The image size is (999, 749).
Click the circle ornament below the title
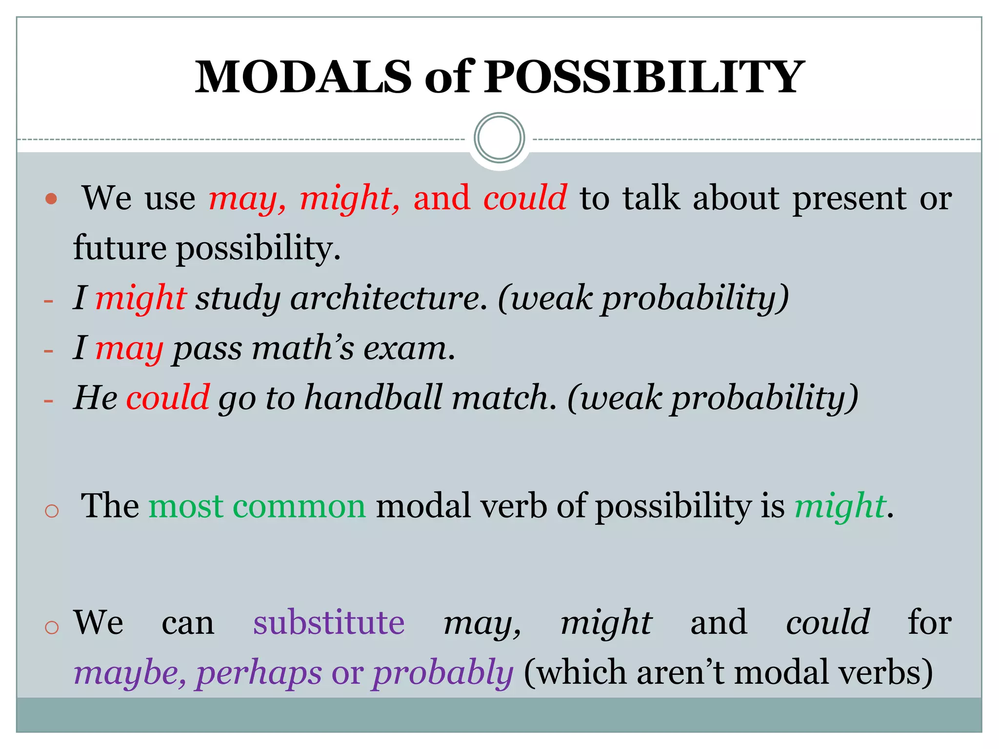(x=499, y=138)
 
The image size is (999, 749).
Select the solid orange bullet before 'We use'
(x=51, y=199)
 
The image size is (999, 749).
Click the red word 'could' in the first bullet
(x=525, y=198)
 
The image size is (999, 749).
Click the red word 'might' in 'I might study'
(x=140, y=298)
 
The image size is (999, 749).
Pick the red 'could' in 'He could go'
(x=168, y=397)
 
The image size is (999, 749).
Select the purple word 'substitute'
(x=329, y=623)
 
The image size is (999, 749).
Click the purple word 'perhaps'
(x=259, y=673)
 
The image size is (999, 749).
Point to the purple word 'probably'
(x=443, y=673)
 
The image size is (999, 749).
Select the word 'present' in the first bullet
(x=849, y=199)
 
